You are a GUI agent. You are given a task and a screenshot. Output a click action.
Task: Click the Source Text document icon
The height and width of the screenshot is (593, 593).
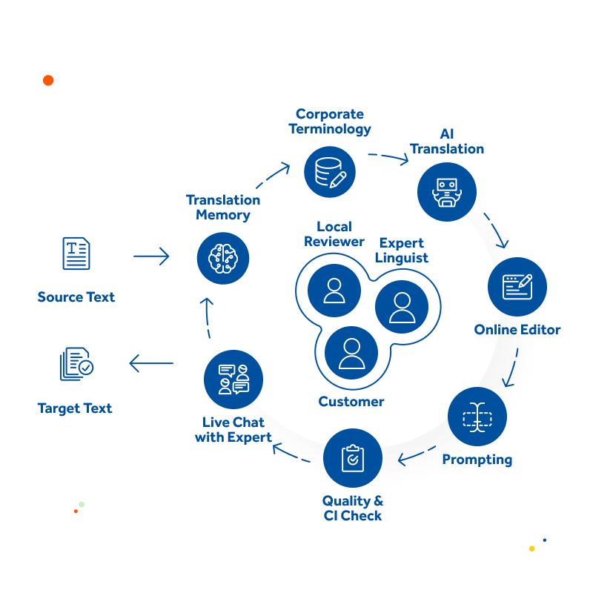click(x=76, y=254)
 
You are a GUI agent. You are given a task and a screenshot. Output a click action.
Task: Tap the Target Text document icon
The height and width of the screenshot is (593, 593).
click(x=77, y=364)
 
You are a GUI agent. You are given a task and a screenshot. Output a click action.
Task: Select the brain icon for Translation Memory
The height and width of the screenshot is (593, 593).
click(x=223, y=258)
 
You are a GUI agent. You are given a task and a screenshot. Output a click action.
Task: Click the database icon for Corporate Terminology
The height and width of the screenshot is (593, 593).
click(x=330, y=172)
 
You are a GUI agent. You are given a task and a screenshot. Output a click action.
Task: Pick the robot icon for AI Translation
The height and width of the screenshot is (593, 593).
click(x=447, y=192)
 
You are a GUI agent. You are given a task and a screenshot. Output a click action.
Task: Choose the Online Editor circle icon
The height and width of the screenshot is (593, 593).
click(x=517, y=287)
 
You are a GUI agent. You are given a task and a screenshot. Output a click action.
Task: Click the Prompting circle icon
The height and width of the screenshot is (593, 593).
click(x=477, y=417)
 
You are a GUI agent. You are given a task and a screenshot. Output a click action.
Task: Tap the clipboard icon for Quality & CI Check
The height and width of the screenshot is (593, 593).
click(x=353, y=458)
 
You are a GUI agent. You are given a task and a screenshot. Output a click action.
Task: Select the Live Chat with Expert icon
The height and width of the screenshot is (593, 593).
click(x=233, y=380)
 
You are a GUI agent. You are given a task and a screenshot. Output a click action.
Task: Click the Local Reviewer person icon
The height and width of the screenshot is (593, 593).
click(x=334, y=291)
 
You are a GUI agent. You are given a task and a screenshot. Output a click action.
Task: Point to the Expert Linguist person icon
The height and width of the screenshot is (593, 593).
click(x=402, y=307)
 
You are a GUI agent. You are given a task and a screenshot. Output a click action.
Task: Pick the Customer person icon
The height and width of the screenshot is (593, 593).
click(x=351, y=353)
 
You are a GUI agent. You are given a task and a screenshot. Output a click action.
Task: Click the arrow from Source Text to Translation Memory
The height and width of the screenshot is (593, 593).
click(x=151, y=256)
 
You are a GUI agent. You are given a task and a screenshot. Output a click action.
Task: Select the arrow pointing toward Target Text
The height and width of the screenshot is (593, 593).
click(x=151, y=363)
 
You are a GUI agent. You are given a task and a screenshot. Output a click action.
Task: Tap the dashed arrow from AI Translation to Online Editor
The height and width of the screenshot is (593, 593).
click(x=496, y=230)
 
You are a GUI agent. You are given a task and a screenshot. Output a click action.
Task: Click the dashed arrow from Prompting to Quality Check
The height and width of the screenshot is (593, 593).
click(x=416, y=455)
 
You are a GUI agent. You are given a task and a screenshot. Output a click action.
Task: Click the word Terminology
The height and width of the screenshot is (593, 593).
click(x=330, y=129)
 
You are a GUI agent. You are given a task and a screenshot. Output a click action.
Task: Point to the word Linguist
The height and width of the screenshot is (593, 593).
click(x=402, y=258)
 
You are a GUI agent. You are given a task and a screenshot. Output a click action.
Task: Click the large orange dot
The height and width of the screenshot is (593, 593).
click(x=48, y=80)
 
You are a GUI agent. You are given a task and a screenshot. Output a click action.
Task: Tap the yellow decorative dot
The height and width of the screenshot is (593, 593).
click(x=531, y=549)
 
